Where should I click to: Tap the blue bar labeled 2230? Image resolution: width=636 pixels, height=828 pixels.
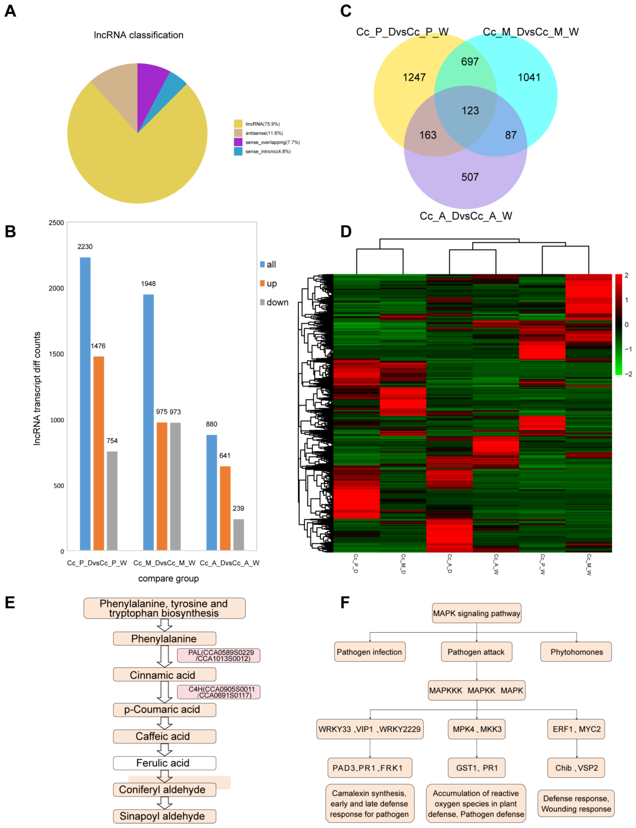click(85, 403)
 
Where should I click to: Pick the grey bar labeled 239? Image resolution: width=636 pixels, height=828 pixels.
click(238, 534)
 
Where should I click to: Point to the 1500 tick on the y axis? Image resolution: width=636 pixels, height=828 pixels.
click(56, 354)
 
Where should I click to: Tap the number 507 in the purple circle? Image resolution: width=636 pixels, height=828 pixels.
click(470, 177)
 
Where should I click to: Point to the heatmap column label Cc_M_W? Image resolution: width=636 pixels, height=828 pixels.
click(589, 564)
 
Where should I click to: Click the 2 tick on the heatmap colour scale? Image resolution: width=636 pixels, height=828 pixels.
click(626, 275)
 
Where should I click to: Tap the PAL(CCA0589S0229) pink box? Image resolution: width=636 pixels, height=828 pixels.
click(219, 655)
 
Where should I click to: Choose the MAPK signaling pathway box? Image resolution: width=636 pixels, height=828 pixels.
click(477, 613)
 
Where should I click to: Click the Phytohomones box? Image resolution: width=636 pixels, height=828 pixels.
click(576, 652)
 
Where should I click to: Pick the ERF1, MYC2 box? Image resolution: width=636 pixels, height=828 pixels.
click(576, 729)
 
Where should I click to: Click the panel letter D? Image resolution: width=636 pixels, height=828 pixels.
click(346, 231)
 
